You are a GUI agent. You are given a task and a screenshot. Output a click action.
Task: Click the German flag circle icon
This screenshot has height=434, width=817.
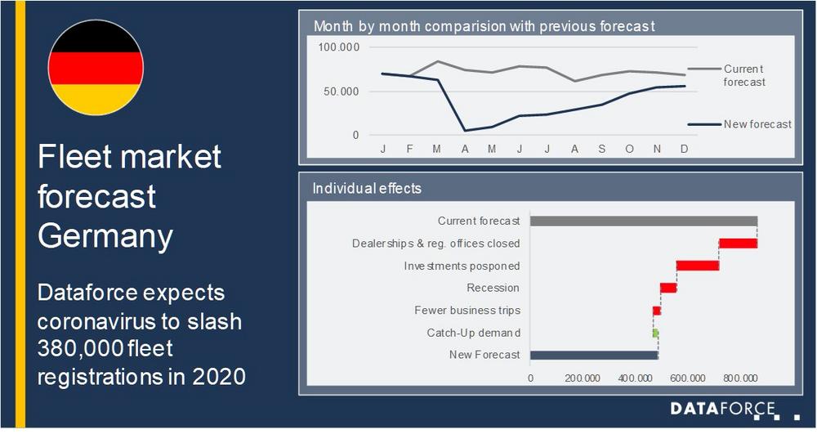coord(96,67)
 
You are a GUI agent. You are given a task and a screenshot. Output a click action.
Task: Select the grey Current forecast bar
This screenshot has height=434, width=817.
coord(644,221)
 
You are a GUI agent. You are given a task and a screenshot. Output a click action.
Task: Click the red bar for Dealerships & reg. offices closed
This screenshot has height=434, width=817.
coord(738,244)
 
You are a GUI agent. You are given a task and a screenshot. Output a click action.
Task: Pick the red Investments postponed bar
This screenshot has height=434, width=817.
coord(698,266)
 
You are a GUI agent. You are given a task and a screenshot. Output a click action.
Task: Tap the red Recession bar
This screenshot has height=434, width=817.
coord(668,289)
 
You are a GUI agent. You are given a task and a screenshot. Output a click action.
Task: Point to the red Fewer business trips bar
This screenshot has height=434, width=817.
coord(657,311)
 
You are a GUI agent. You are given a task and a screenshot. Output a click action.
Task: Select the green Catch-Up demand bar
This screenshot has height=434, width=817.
coord(655,333)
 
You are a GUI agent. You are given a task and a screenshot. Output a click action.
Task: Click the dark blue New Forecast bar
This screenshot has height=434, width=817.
coord(594,356)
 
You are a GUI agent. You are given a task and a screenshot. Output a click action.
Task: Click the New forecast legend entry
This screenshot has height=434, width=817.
coord(739,124)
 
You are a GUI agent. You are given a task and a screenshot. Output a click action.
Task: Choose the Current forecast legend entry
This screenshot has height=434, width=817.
coord(726,75)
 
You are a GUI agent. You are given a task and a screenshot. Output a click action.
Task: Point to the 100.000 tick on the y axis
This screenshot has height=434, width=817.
coord(339,47)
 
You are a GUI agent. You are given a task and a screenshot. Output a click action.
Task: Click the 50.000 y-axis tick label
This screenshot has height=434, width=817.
coord(342,92)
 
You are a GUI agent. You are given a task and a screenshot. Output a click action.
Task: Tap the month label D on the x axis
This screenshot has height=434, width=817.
coord(684,149)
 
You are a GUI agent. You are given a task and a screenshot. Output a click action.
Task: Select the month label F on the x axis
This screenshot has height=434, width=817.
coord(409,149)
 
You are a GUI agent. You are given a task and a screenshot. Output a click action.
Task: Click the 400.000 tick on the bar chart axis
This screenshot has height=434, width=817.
coord(635,378)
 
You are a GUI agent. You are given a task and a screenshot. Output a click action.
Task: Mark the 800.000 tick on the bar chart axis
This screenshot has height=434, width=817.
coord(740,378)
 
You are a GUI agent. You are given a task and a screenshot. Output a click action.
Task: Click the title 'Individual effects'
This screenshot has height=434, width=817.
coord(367,188)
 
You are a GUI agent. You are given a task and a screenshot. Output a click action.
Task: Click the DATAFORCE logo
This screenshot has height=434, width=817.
coord(723,409)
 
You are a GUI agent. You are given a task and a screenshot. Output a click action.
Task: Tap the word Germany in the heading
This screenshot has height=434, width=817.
coord(105,236)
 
